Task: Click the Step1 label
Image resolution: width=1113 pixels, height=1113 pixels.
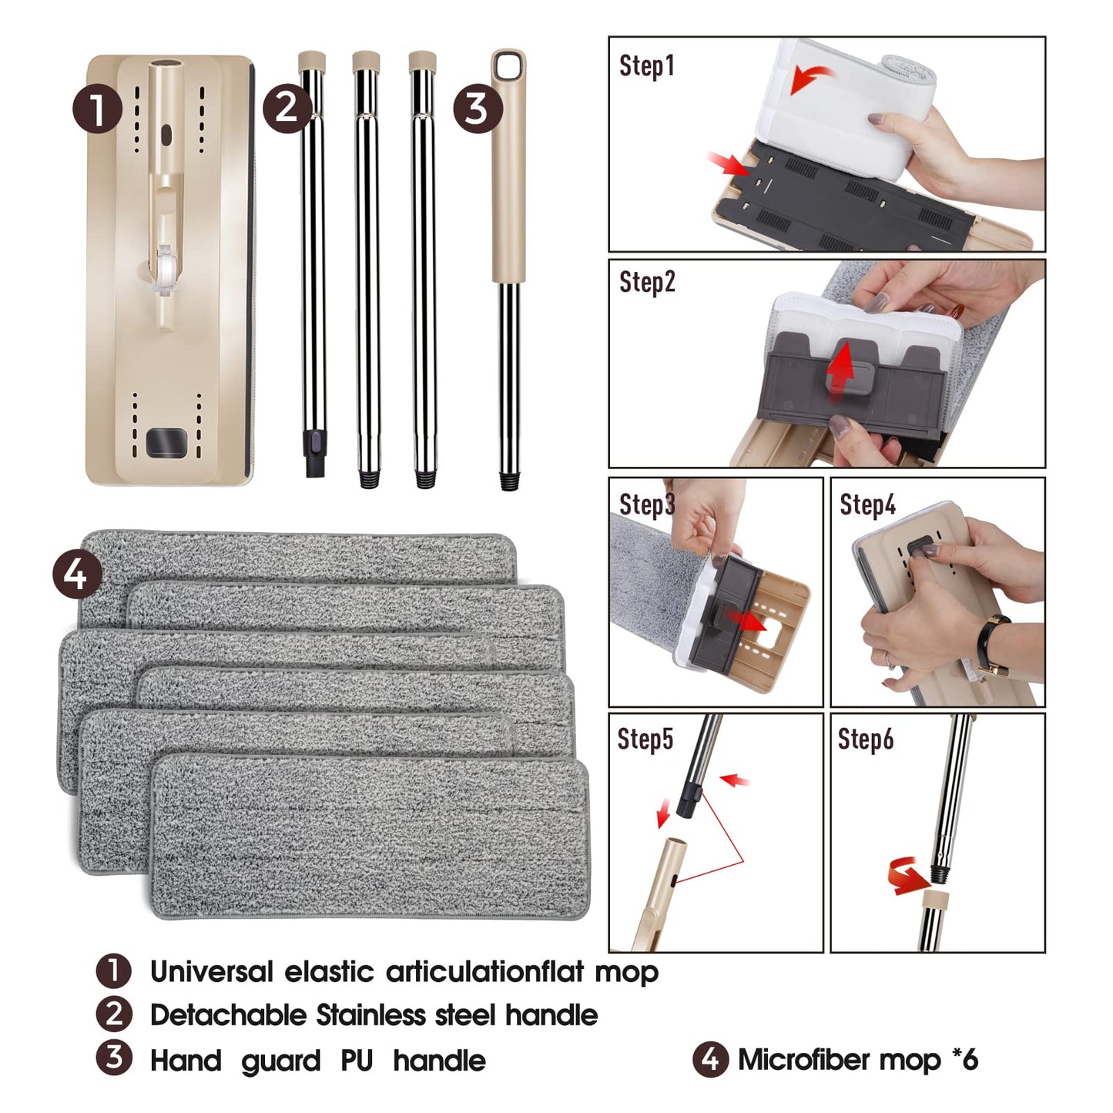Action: click(x=646, y=65)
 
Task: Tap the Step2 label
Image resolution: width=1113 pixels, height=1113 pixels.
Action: click(x=647, y=283)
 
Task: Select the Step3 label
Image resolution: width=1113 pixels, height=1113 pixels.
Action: click(x=647, y=505)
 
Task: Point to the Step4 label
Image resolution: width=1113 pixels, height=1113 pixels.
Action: click(x=867, y=505)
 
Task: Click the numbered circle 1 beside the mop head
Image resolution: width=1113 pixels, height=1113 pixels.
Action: click(x=98, y=109)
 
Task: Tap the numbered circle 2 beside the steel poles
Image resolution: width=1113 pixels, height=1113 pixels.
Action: click(x=287, y=109)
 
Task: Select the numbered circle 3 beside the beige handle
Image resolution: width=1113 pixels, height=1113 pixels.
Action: click(x=478, y=109)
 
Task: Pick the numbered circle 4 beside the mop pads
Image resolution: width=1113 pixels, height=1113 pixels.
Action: click(x=77, y=575)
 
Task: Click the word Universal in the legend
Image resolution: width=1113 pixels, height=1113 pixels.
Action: click(x=212, y=971)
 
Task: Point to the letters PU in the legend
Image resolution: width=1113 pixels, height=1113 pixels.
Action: click(x=357, y=1061)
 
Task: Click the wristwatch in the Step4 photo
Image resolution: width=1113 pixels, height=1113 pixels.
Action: click(x=993, y=645)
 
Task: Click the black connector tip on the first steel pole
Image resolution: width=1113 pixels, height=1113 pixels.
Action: click(x=315, y=453)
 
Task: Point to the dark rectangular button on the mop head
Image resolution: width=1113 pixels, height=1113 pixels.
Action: click(x=166, y=443)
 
